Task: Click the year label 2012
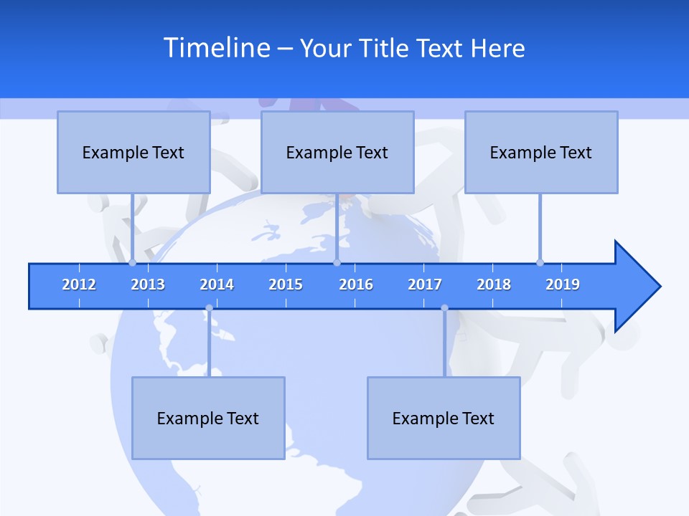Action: pyautogui.click(x=79, y=285)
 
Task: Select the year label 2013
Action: pyautogui.click(x=148, y=285)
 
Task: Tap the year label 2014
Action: pyautogui.click(x=217, y=285)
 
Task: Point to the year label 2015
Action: pyautogui.click(x=286, y=285)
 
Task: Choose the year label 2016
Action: pyautogui.click(x=356, y=285)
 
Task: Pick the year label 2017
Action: pyautogui.click(x=425, y=285)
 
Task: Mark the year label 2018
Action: pyautogui.click(x=494, y=285)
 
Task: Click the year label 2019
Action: pyautogui.click(x=563, y=285)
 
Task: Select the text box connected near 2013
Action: pyautogui.click(x=133, y=152)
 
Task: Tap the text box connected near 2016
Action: pyautogui.click(x=337, y=152)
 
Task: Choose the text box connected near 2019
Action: pyautogui.click(x=541, y=152)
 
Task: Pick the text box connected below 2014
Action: pyautogui.click(x=208, y=418)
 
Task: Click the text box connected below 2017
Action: pyautogui.click(x=444, y=418)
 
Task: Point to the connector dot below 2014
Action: pyautogui.click(x=209, y=308)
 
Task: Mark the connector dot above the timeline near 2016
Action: pyautogui.click(x=337, y=262)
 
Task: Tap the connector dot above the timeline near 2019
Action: pyautogui.click(x=540, y=262)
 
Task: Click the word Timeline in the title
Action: pyautogui.click(x=216, y=48)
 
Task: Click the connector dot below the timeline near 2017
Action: pyautogui.click(x=444, y=308)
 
